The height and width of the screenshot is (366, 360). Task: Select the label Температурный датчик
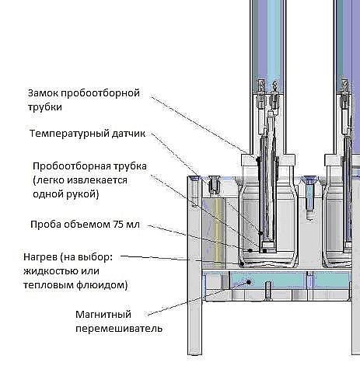tap(87, 134)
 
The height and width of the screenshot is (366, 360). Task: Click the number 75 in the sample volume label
tap(118, 224)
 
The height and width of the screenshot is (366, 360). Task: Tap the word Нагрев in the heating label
tap(40, 257)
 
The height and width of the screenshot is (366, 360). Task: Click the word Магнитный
tap(103, 315)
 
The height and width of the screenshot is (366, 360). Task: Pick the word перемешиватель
tap(119, 329)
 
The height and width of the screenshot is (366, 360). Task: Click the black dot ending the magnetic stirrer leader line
tap(249, 282)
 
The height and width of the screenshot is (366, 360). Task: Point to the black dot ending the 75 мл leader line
tap(250, 250)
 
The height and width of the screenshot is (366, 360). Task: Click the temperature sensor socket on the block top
tap(215, 184)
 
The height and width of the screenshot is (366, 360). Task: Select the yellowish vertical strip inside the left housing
tap(219, 233)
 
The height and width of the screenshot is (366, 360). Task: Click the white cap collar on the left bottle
tap(268, 161)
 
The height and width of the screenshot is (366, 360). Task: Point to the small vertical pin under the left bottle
tap(267, 290)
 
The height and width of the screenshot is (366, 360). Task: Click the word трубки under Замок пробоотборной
tap(45, 107)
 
